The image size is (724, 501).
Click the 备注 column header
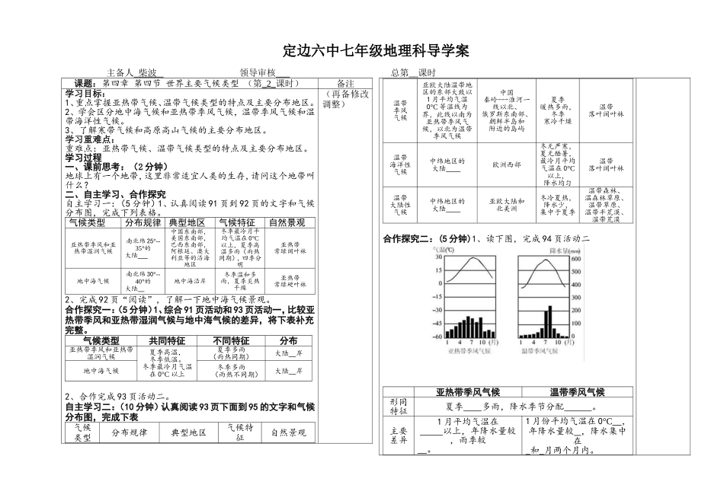(x=345, y=83)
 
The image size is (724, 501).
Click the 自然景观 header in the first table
(x=287, y=222)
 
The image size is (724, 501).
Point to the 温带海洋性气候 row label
(x=401, y=163)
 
